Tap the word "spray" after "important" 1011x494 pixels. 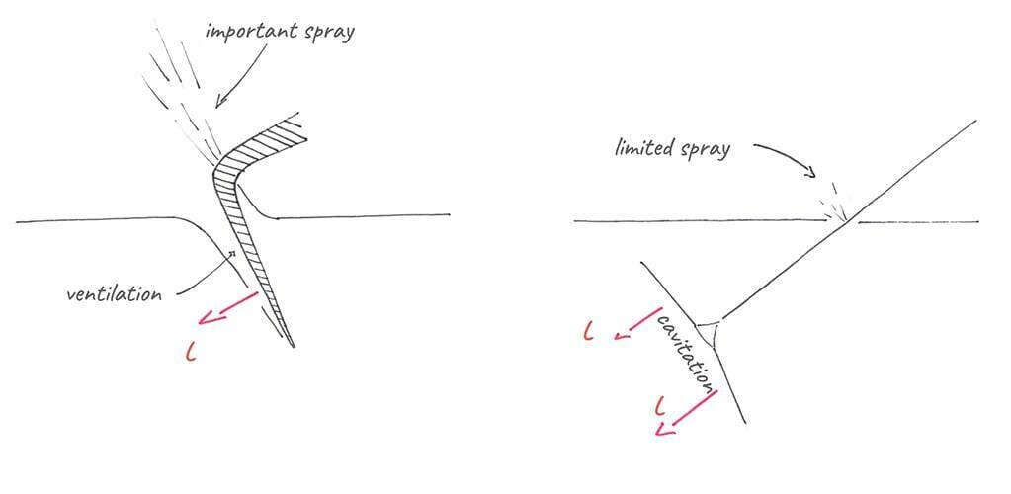point(325,32)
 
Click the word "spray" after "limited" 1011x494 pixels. point(707,151)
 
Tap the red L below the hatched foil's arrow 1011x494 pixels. point(191,351)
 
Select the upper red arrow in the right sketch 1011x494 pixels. point(637,323)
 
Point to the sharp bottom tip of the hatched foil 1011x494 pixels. point(293,348)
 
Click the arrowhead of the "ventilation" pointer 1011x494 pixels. point(233,254)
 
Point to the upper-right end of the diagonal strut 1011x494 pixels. point(974,122)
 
